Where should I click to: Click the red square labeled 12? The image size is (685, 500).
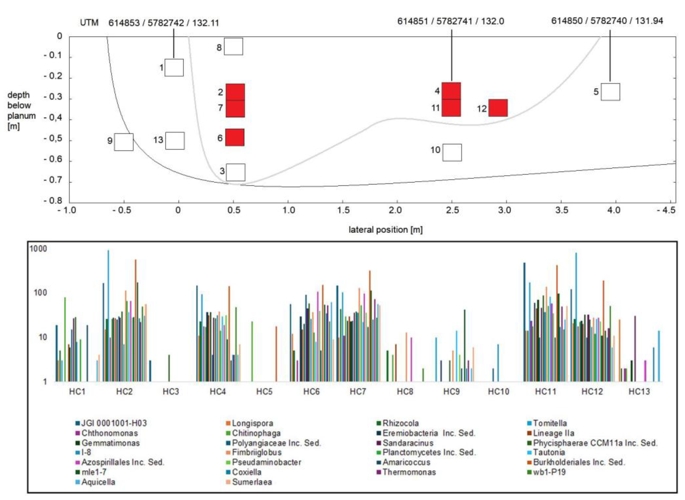[x=498, y=108]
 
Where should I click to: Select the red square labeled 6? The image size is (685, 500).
[x=235, y=137]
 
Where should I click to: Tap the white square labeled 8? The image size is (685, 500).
[x=233, y=46]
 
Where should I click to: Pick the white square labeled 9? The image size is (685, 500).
[x=124, y=142]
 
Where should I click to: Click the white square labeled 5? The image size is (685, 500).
[x=610, y=92]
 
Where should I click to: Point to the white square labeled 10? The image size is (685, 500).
[x=452, y=152]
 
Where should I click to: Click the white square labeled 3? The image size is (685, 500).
[x=236, y=172]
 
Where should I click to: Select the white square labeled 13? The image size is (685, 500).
[x=175, y=141]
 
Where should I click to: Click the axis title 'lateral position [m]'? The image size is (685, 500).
[x=385, y=230]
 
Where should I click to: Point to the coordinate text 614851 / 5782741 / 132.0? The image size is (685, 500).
[x=451, y=21]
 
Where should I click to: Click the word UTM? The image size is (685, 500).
[x=89, y=23]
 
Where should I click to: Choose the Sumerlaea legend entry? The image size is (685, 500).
[x=252, y=482]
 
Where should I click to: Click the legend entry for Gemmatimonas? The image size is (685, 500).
[x=110, y=443]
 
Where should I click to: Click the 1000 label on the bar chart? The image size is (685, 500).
[x=38, y=249]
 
